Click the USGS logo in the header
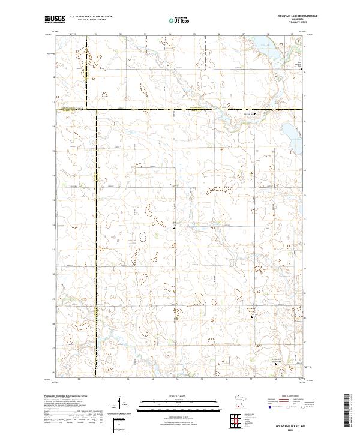55,20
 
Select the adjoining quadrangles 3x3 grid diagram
238,422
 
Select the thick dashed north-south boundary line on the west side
95,240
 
